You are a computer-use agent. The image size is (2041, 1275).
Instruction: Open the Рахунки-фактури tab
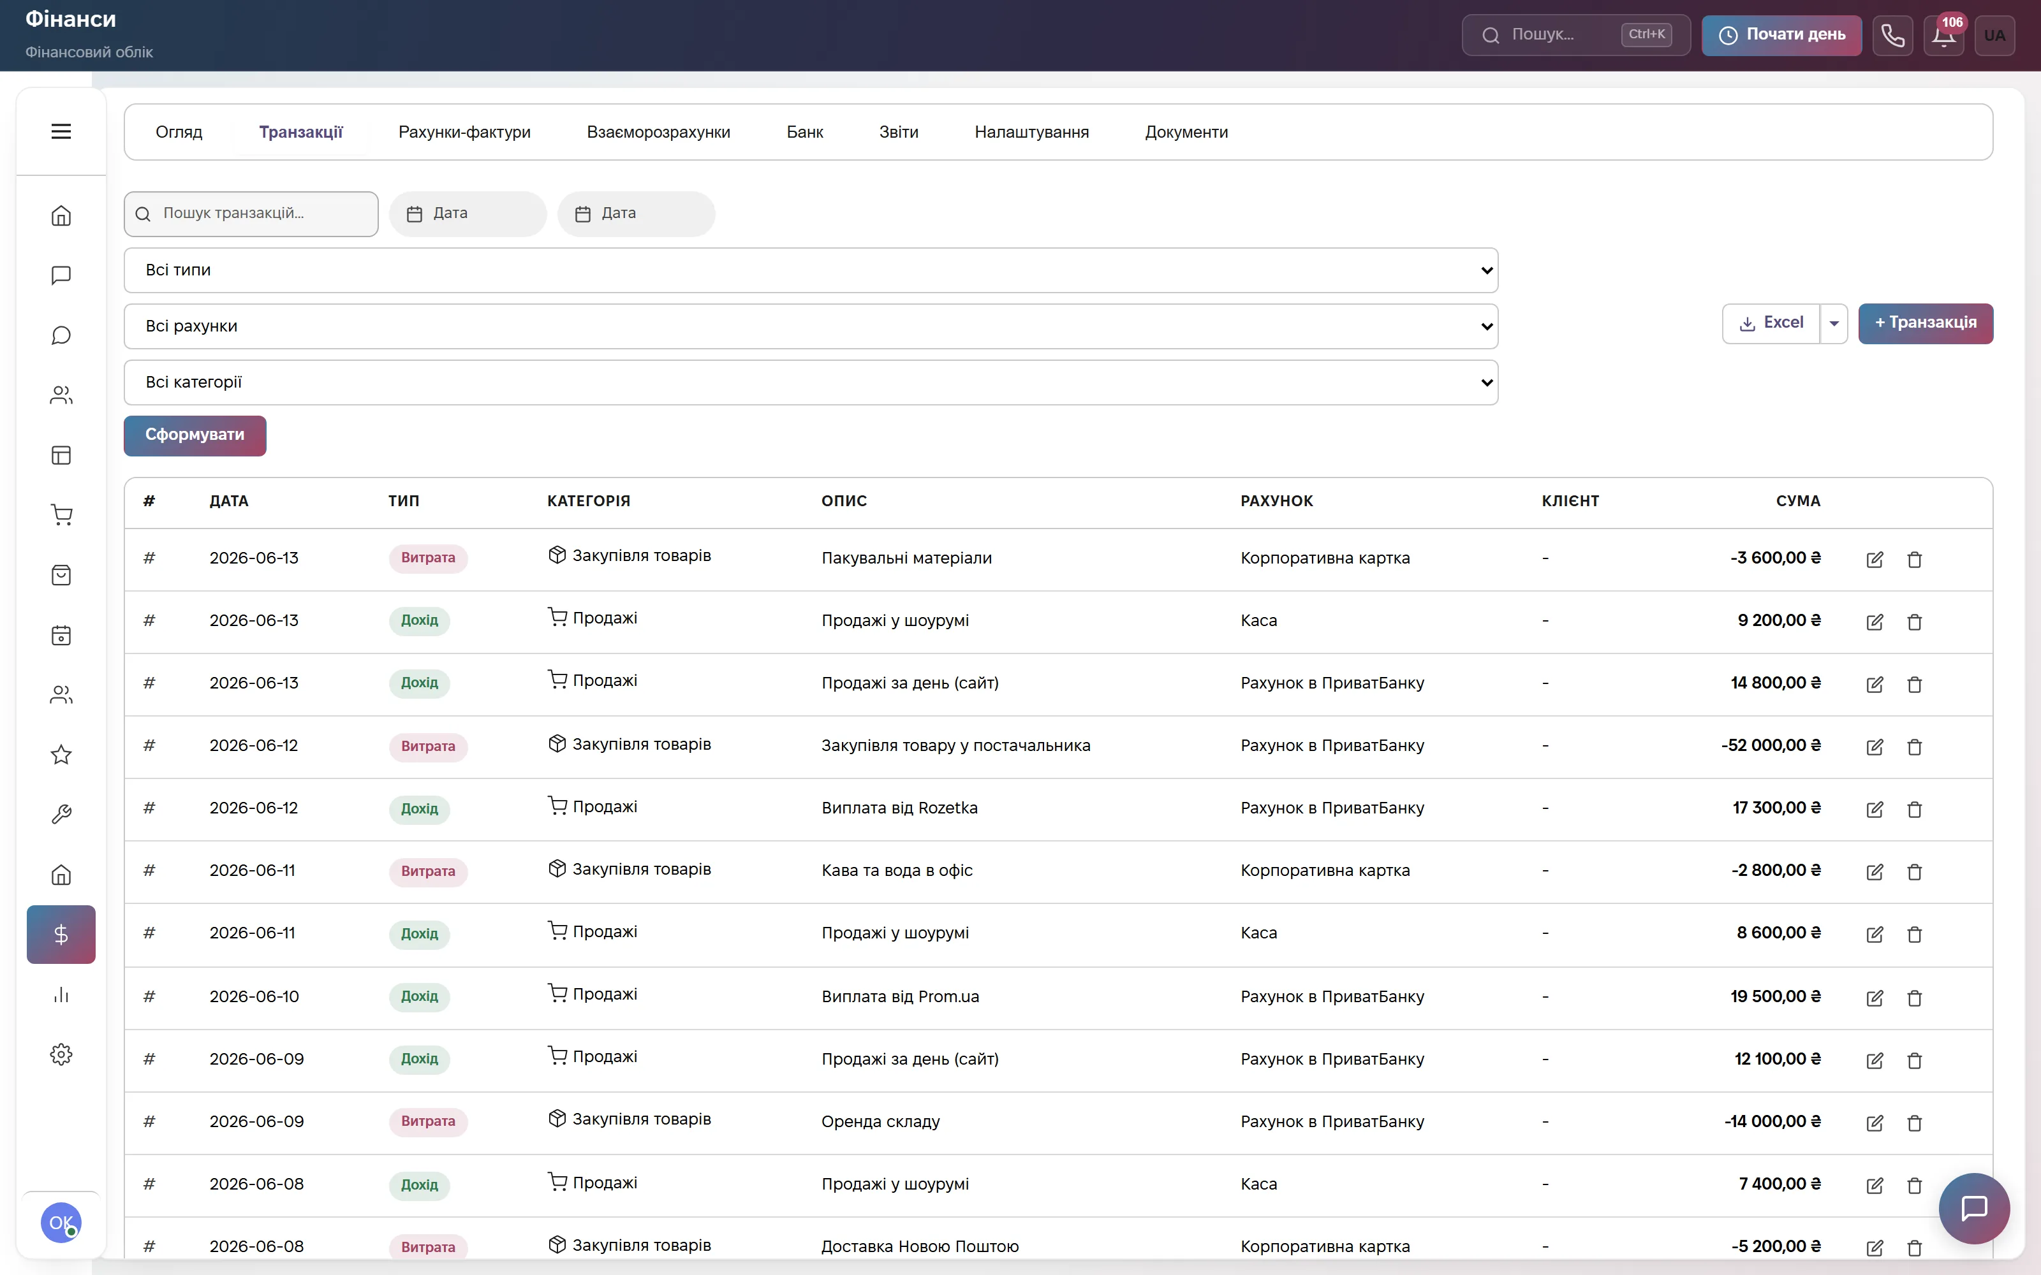click(464, 133)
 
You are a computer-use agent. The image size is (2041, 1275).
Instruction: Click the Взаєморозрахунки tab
click(658, 133)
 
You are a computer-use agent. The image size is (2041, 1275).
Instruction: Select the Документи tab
click(1186, 133)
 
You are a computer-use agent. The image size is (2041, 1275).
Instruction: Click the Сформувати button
click(195, 435)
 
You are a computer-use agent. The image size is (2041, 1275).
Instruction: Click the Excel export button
click(1771, 323)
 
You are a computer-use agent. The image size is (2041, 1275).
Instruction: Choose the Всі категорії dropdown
click(811, 383)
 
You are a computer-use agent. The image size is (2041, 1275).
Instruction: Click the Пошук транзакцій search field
click(251, 214)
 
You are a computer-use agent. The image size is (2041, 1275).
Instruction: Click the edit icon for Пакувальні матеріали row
click(1874, 560)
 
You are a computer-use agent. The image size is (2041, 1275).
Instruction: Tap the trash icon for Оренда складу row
click(1915, 1123)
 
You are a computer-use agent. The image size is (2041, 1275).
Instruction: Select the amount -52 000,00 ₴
click(1771, 745)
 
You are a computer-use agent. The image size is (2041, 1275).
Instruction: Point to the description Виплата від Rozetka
click(900, 808)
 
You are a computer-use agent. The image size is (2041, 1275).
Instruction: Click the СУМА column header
click(1798, 501)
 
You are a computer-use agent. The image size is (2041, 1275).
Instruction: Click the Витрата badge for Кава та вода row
click(427, 871)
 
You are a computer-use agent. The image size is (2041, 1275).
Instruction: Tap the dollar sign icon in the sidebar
click(61, 935)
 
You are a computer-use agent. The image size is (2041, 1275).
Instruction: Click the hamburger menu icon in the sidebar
click(61, 131)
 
